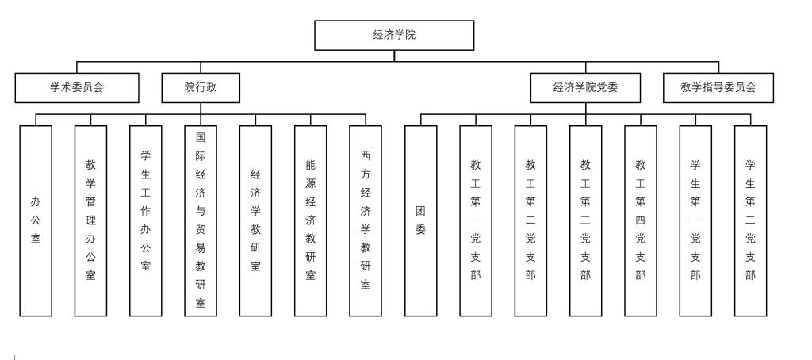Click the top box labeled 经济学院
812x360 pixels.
(394, 35)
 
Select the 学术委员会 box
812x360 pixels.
(77, 88)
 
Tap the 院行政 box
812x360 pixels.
(201, 88)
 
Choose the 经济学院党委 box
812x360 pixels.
(585, 88)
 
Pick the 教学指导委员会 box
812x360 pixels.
(718, 88)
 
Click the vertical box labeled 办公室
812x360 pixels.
(36, 220)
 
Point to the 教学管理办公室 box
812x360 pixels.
(90, 220)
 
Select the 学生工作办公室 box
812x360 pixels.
(146, 220)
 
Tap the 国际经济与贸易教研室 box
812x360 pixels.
(201, 220)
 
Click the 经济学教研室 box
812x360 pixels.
(255, 220)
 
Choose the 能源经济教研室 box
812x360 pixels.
(311, 220)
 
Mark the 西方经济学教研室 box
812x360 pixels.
(366, 220)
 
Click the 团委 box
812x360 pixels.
(420, 220)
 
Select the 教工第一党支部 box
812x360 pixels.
(476, 220)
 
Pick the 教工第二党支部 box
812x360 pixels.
(530, 220)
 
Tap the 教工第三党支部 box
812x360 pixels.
(585, 220)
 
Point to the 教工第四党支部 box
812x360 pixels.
(641, 220)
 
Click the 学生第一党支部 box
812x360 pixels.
(695, 220)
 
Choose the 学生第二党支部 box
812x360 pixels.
(750, 220)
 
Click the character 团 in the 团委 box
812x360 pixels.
(420, 212)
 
